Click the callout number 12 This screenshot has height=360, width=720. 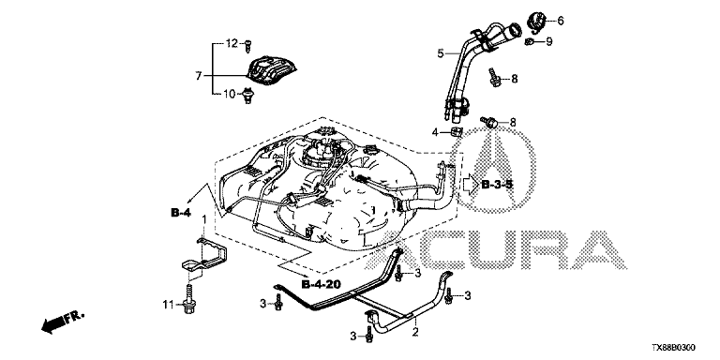click(232, 44)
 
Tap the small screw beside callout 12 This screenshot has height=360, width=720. click(247, 45)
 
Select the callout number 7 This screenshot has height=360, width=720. click(199, 76)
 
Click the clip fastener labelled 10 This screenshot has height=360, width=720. click(247, 96)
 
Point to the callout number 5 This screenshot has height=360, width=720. click(441, 53)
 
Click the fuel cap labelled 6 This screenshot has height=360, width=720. click(537, 22)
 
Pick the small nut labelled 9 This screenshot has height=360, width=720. click(530, 42)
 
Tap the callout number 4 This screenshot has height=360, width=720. click(435, 133)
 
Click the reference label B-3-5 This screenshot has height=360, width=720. click(497, 185)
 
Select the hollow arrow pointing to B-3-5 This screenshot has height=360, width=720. click(471, 185)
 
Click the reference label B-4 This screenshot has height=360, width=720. click(180, 212)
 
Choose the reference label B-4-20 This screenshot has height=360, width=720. click(321, 284)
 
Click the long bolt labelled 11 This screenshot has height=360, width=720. click(187, 300)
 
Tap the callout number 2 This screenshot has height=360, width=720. click(415, 333)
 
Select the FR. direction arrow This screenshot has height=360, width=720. click(63, 322)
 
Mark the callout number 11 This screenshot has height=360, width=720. click(168, 304)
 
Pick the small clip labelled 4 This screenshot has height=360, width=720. click(456, 132)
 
